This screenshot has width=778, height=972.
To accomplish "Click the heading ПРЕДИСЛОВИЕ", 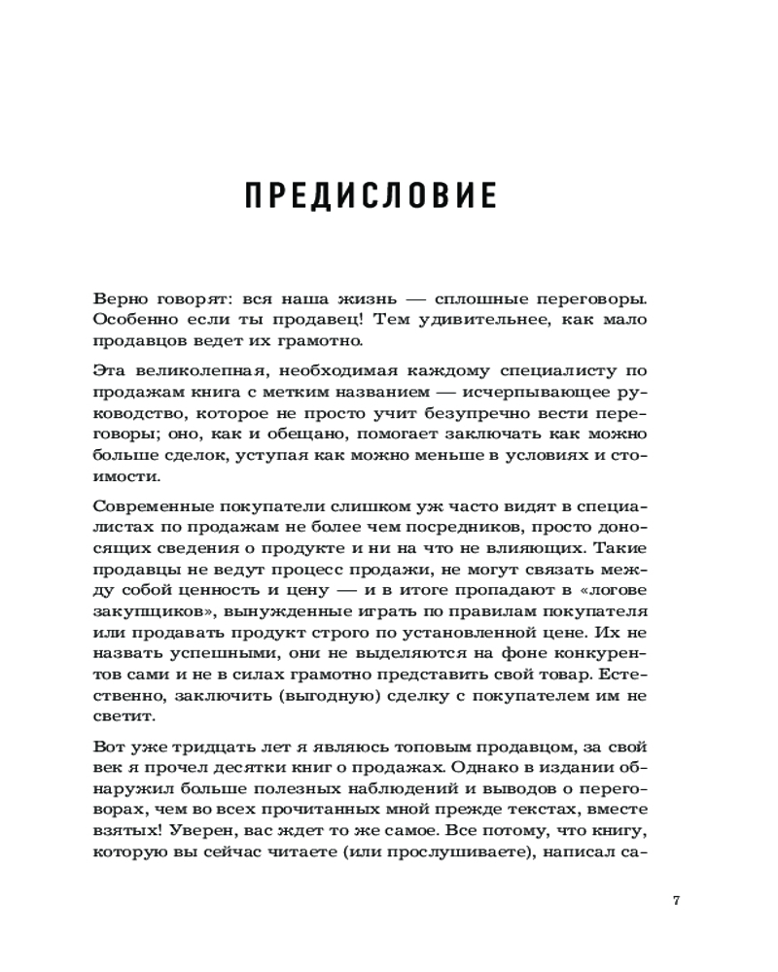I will pyautogui.click(x=369, y=194).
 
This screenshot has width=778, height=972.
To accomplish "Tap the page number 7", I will pyautogui.click(x=676, y=899).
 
